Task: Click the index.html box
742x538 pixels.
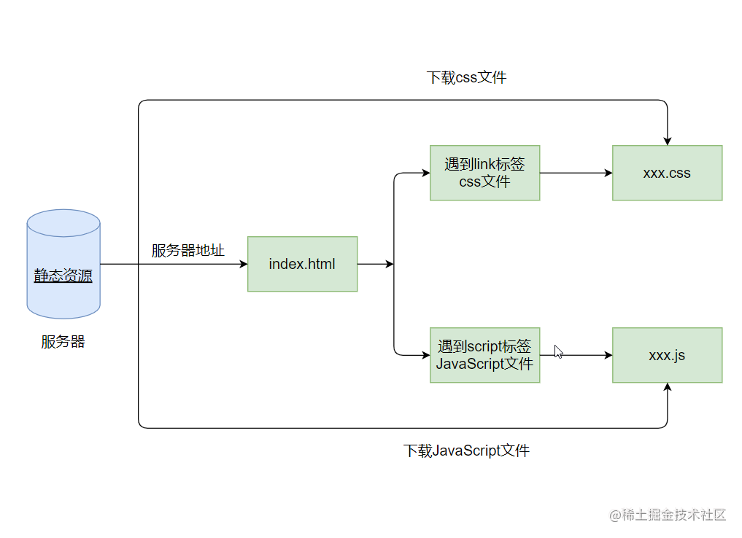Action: pos(302,264)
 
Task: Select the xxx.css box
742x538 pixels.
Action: pos(667,173)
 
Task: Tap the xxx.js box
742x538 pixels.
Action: pos(667,355)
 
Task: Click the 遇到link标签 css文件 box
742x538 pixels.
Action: pos(484,173)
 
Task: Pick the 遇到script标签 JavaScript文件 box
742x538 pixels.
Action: pos(484,355)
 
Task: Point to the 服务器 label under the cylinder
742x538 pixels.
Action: pos(63,342)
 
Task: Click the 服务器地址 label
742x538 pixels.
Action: pos(188,251)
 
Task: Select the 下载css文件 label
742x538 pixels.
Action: pos(466,77)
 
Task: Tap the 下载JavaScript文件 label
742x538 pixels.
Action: pos(466,451)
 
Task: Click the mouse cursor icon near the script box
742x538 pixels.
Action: pos(558,351)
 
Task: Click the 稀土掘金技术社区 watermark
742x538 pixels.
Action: pos(668,515)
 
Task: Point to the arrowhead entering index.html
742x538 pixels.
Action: pos(244,264)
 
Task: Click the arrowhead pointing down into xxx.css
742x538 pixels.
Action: pos(667,141)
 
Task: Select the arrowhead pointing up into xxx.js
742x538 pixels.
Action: pos(667,388)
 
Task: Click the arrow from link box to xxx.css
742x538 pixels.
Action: pos(576,173)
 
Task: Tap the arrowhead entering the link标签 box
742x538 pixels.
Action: pos(425,173)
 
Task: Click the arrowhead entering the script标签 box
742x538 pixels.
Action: pos(425,355)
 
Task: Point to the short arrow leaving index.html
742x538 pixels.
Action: pos(375,264)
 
